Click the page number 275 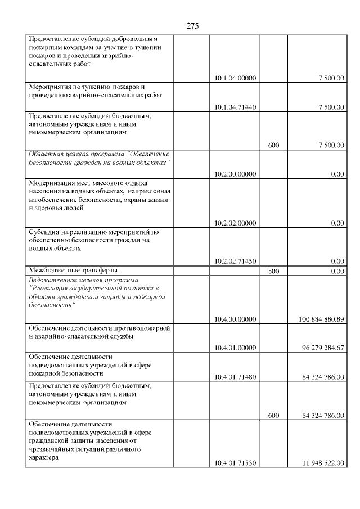coord(192,26)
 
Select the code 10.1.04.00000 coord(235,78)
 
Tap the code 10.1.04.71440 coord(235,107)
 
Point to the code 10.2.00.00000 coord(235,174)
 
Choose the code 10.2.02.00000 coord(235,223)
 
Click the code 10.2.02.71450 coord(235,260)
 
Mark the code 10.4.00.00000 coord(235,319)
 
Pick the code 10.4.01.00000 coord(235,348)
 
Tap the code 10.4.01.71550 coord(235,463)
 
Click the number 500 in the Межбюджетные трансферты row coord(273,271)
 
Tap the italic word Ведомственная coord(54,280)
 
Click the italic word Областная coord(47,154)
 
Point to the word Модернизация coord(53,183)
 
